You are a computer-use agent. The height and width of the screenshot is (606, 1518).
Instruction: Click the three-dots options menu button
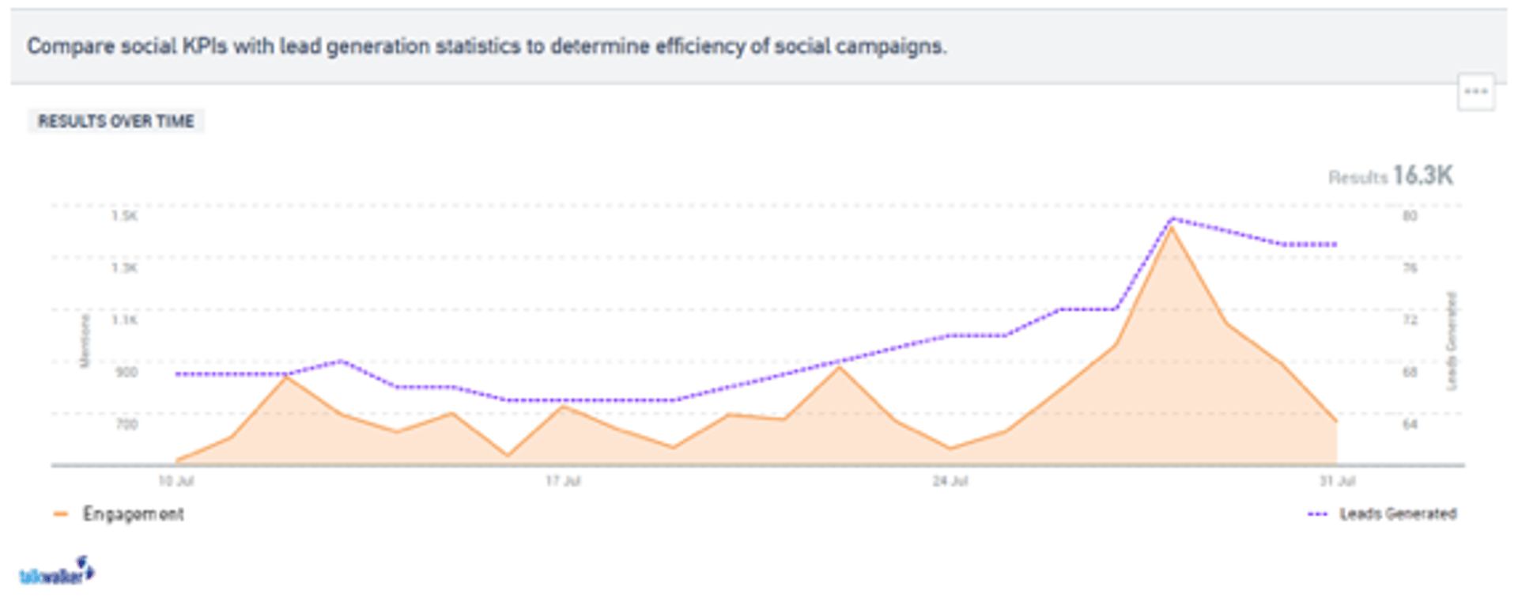pos(1475,92)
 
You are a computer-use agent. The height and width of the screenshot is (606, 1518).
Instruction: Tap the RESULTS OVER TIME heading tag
pos(116,121)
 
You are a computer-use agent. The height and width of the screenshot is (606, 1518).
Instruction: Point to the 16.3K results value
pos(1422,176)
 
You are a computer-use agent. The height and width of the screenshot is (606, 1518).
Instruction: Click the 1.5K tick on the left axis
pos(125,216)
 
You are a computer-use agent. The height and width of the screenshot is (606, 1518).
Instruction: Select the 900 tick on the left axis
pos(126,372)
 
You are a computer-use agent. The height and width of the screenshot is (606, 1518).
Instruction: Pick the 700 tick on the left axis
pos(126,424)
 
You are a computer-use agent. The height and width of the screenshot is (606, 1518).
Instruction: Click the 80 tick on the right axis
pos(1410,216)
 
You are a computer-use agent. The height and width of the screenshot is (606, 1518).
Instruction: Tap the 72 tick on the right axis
pos(1410,320)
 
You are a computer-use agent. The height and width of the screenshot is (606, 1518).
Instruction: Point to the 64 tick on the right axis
pos(1410,424)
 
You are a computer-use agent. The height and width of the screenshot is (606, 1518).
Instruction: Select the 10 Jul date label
pos(176,481)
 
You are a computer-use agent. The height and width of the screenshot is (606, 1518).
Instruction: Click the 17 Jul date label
pos(563,481)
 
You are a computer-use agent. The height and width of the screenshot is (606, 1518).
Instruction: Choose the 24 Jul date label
pos(950,481)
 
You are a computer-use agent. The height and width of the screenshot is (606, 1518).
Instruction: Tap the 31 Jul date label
pos(1337,481)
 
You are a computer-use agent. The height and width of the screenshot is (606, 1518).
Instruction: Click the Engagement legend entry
pos(132,514)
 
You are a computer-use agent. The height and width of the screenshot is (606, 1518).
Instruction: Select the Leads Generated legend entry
pos(1397,514)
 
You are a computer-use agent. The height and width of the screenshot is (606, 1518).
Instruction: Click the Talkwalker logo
pos(56,572)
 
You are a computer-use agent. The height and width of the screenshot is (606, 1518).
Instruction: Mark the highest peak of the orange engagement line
pos(1171,228)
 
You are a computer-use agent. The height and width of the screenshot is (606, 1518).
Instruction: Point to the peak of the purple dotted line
pos(1171,218)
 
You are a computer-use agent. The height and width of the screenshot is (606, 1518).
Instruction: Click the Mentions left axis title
pos(85,341)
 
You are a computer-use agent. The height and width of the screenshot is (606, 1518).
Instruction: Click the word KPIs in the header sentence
pos(205,46)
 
